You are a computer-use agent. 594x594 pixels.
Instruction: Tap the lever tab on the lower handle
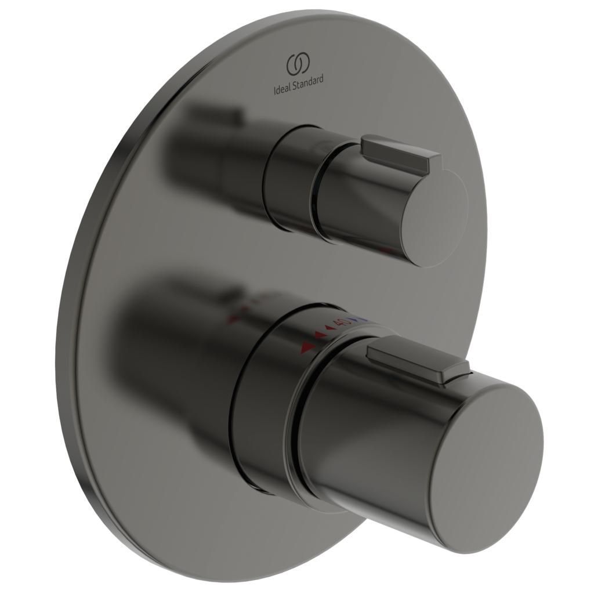(418, 363)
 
